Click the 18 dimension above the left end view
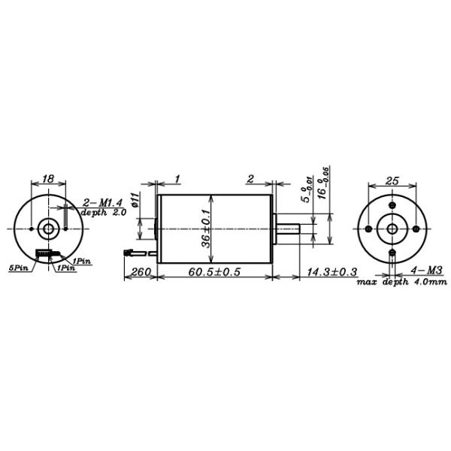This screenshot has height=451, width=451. pos(48,180)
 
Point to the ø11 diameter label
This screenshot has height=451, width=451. pos(134,199)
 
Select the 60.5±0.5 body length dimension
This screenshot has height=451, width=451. pos(212,272)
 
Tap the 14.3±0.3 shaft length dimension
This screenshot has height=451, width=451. pos(328,272)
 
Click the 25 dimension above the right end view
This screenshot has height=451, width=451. pos(392,180)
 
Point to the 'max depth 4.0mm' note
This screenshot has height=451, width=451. pos(402,282)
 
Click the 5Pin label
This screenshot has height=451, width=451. pos(18,267)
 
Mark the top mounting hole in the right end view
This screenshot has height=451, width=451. pos(392,205)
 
